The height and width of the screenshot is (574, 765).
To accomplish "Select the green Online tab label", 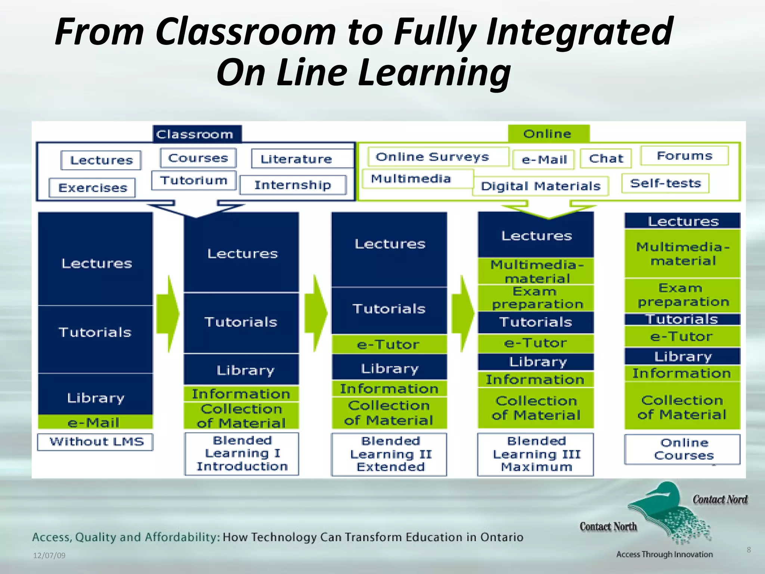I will (548, 134).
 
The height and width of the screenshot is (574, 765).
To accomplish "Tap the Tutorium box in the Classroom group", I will (194, 180).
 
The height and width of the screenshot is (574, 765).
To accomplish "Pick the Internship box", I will (293, 185).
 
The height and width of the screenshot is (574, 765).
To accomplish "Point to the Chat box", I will (606, 158).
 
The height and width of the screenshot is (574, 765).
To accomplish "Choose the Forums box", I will (684, 155).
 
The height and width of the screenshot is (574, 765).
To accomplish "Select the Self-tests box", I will (665, 183).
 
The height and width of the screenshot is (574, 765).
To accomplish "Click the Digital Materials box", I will (541, 186).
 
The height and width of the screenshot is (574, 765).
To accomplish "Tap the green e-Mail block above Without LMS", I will (95, 422).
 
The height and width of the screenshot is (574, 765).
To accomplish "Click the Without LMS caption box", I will (95, 442).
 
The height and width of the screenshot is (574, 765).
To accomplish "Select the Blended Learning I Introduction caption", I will (242, 454).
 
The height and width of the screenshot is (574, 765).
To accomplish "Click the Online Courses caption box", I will (682, 449).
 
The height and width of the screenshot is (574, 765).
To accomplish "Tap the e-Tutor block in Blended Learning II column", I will (389, 344).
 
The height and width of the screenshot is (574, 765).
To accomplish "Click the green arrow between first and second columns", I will (168, 314).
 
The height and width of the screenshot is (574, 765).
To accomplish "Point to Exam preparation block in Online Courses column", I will (682, 295).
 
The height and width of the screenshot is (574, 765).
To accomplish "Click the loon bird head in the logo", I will (665, 491).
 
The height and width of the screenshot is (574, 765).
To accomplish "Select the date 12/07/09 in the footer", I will (49, 555).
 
